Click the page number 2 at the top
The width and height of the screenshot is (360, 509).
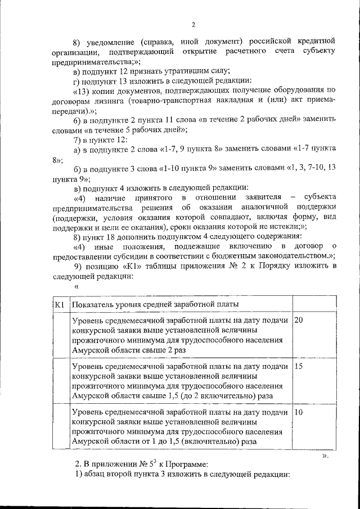click(192, 24)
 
